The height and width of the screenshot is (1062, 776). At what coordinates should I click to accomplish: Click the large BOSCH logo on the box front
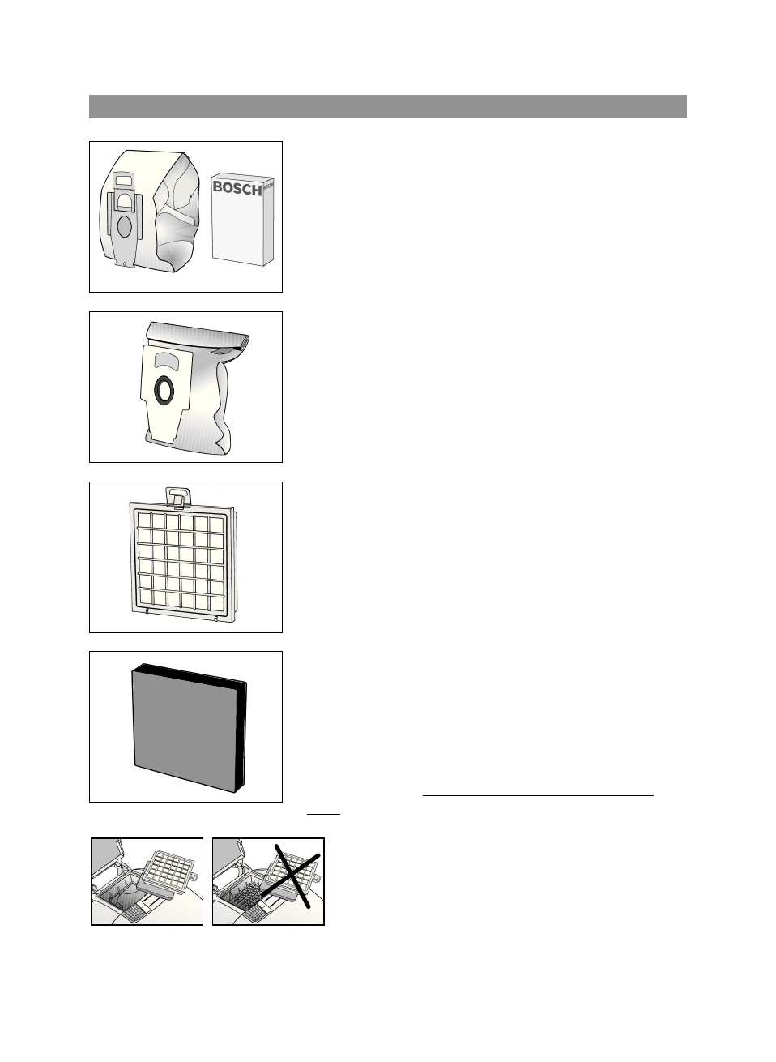[x=237, y=188]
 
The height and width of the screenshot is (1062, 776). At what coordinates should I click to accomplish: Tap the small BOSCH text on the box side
[x=269, y=186]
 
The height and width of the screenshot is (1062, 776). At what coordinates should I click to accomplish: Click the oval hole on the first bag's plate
[x=124, y=226]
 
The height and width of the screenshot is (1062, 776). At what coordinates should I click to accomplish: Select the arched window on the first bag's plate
[x=124, y=199]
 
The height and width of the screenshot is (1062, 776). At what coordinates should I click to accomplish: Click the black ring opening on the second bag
[x=164, y=390]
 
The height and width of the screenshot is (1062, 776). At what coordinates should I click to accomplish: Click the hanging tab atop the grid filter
[x=176, y=495]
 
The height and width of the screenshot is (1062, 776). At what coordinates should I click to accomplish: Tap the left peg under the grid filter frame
[x=147, y=610]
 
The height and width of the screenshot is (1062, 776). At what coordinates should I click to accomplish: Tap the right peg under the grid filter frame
[x=216, y=620]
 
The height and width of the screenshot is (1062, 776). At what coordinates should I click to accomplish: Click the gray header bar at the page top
[x=387, y=106]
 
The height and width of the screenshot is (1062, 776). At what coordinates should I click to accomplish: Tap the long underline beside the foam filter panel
[x=538, y=796]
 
